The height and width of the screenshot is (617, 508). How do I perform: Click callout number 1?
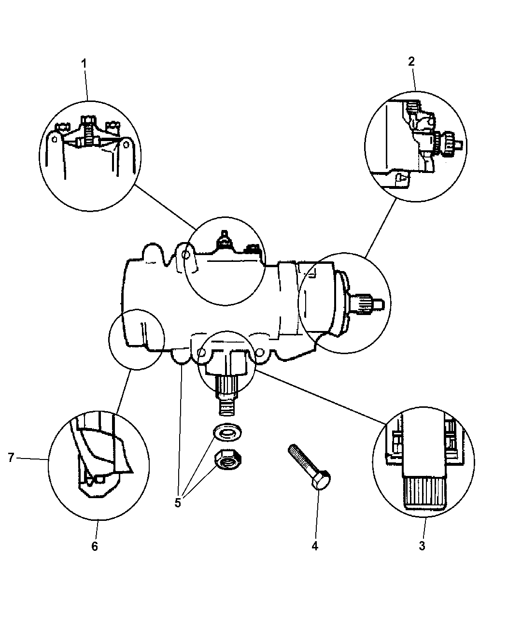click(84, 63)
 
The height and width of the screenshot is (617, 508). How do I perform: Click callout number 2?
click(411, 61)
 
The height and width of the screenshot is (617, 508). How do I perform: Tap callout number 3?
click(422, 546)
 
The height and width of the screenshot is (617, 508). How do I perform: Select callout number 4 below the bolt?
click(315, 546)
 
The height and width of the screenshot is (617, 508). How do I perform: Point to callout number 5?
click(178, 503)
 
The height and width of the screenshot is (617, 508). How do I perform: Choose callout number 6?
click(95, 546)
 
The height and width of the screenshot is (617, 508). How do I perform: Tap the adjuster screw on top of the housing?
click(224, 239)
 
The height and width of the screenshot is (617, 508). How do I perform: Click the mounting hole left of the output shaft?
click(201, 355)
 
